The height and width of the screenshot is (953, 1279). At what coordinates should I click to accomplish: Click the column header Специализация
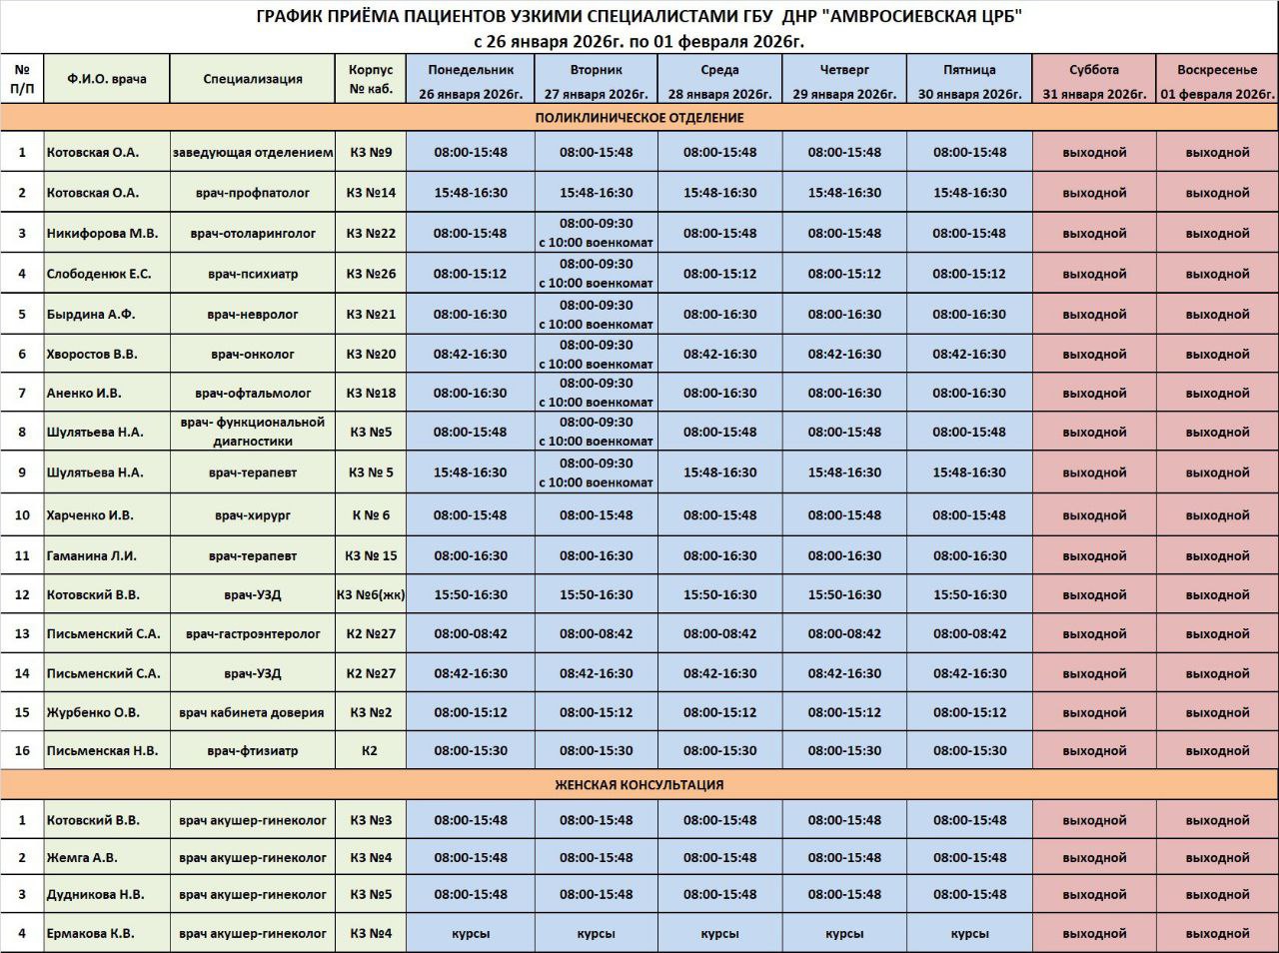tap(252, 79)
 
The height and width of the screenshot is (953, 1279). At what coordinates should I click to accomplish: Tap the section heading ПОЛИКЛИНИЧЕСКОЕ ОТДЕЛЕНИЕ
tap(639, 118)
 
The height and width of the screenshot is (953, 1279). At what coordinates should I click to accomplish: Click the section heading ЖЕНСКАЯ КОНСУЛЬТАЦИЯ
tap(639, 785)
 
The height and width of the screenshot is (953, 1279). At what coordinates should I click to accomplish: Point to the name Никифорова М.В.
tap(102, 234)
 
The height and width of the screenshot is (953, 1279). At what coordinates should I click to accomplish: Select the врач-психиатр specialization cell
tap(252, 274)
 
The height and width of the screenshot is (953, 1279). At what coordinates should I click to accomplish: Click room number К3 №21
tap(371, 314)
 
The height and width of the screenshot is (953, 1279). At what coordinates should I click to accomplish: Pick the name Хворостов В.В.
tap(92, 354)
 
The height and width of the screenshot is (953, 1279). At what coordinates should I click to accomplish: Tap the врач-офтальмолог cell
tap(252, 393)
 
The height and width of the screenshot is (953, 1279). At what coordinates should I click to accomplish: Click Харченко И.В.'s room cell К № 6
tap(371, 515)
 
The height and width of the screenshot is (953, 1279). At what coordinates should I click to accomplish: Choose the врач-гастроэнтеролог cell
tap(252, 633)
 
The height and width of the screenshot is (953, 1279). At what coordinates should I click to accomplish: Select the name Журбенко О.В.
tap(93, 712)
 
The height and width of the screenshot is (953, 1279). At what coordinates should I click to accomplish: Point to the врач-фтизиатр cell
tap(252, 750)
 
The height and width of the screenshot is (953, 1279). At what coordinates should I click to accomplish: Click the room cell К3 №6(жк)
tap(371, 594)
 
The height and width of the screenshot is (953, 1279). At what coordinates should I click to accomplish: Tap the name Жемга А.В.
tap(82, 857)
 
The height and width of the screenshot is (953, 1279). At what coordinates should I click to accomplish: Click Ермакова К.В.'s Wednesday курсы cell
tap(719, 934)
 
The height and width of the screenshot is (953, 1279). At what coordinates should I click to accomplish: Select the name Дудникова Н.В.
tap(95, 894)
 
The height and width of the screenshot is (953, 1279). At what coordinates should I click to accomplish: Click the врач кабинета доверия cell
tap(252, 712)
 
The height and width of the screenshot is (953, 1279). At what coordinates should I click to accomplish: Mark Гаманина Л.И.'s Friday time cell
tap(969, 555)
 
